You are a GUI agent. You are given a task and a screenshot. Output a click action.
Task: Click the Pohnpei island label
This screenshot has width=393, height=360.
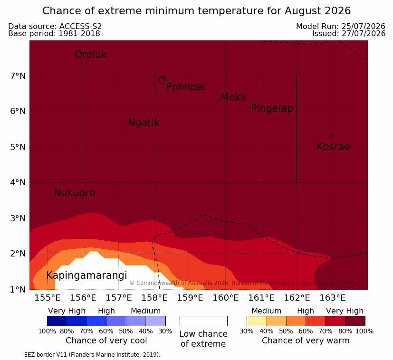[185, 87]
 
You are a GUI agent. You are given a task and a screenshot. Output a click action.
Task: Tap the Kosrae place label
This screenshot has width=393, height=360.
[333, 147]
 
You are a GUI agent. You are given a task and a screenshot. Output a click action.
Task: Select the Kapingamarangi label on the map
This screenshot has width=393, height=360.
[86, 275]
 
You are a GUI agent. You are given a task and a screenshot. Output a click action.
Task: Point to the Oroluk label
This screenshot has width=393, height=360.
[90, 55]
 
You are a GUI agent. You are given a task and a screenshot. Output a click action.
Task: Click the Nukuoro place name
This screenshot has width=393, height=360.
[75, 193]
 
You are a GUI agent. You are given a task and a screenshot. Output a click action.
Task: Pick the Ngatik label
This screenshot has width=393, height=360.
[144, 123]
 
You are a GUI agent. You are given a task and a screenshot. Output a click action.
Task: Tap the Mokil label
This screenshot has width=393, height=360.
[233, 97]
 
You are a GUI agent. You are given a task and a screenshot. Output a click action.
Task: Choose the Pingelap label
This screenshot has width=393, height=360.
[272, 108]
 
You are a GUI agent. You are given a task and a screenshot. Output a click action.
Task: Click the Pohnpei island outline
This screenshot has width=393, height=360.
[162, 80]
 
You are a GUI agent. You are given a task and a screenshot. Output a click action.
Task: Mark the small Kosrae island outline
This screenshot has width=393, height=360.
[331, 136]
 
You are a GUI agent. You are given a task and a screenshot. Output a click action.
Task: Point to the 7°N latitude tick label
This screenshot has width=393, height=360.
[18, 76]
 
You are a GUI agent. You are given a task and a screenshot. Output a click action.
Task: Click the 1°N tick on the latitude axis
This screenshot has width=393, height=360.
[18, 290]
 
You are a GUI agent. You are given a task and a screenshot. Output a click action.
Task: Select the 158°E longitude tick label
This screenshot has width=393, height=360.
[154, 298]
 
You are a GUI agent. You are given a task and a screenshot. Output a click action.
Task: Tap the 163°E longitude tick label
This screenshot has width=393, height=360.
[332, 298]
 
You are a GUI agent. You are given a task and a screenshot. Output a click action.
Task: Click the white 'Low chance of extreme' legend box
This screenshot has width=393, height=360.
[203, 321]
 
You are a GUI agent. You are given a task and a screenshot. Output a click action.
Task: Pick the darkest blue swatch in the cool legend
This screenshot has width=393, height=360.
[57, 321]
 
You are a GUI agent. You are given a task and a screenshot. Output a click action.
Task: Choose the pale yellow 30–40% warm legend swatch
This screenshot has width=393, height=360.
[257, 321]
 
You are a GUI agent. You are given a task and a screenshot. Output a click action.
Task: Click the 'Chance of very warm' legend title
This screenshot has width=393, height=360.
[306, 341]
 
